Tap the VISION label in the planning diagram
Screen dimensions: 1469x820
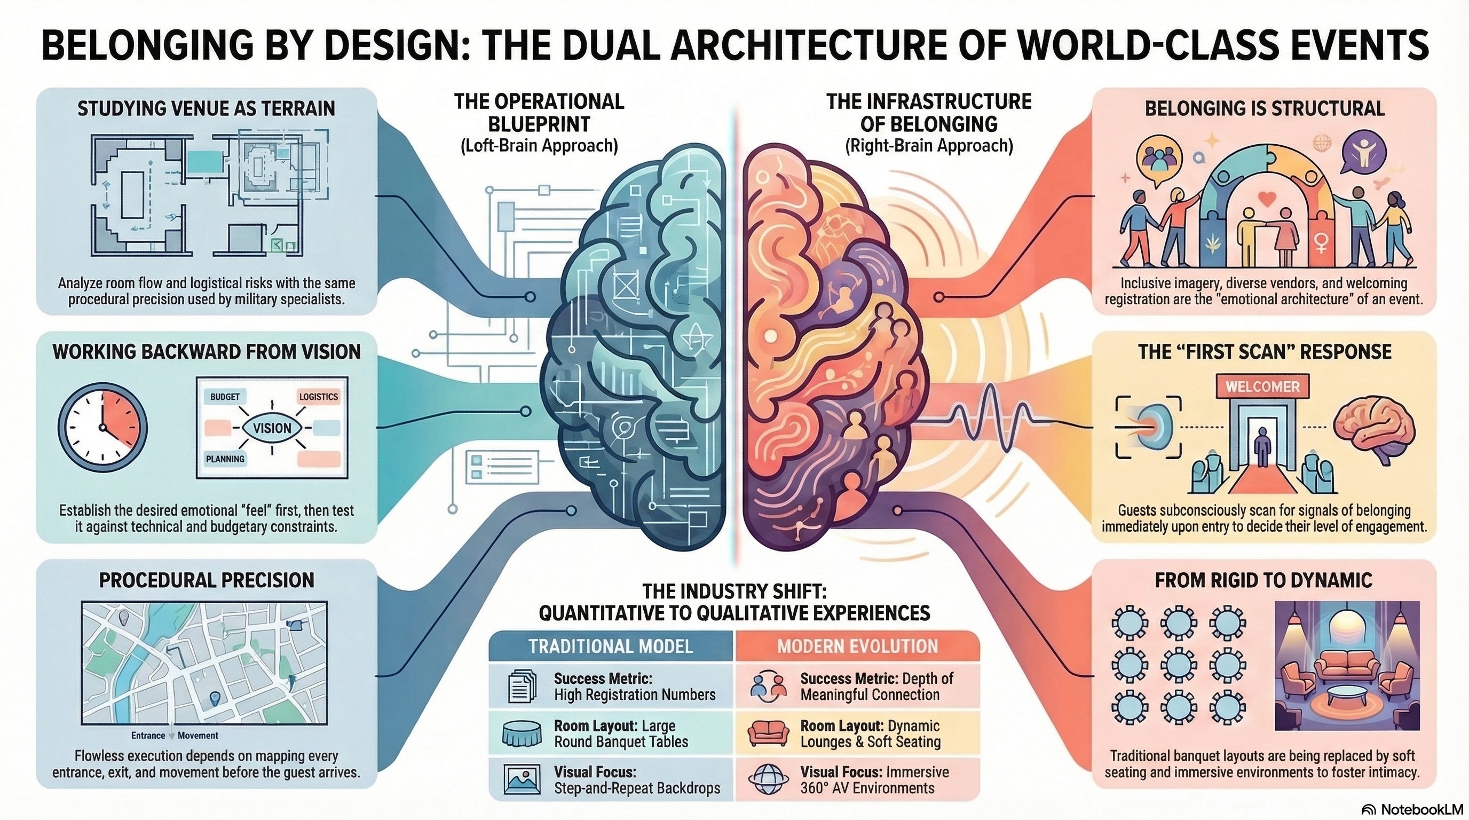click(272, 428)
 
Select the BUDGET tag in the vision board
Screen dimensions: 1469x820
click(225, 397)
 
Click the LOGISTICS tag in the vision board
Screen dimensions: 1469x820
click(318, 397)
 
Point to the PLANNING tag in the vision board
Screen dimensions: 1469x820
click(225, 459)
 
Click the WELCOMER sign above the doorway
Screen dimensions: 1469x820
click(1262, 387)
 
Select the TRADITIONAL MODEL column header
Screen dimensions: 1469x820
click(610, 646)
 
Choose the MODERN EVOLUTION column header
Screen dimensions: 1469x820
click(857, 646)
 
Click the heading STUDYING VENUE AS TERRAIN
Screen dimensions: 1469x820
click(206, 108)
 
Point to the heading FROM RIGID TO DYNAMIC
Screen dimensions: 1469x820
click(1263, 580)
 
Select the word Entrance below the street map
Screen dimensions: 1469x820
click(148, 736)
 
